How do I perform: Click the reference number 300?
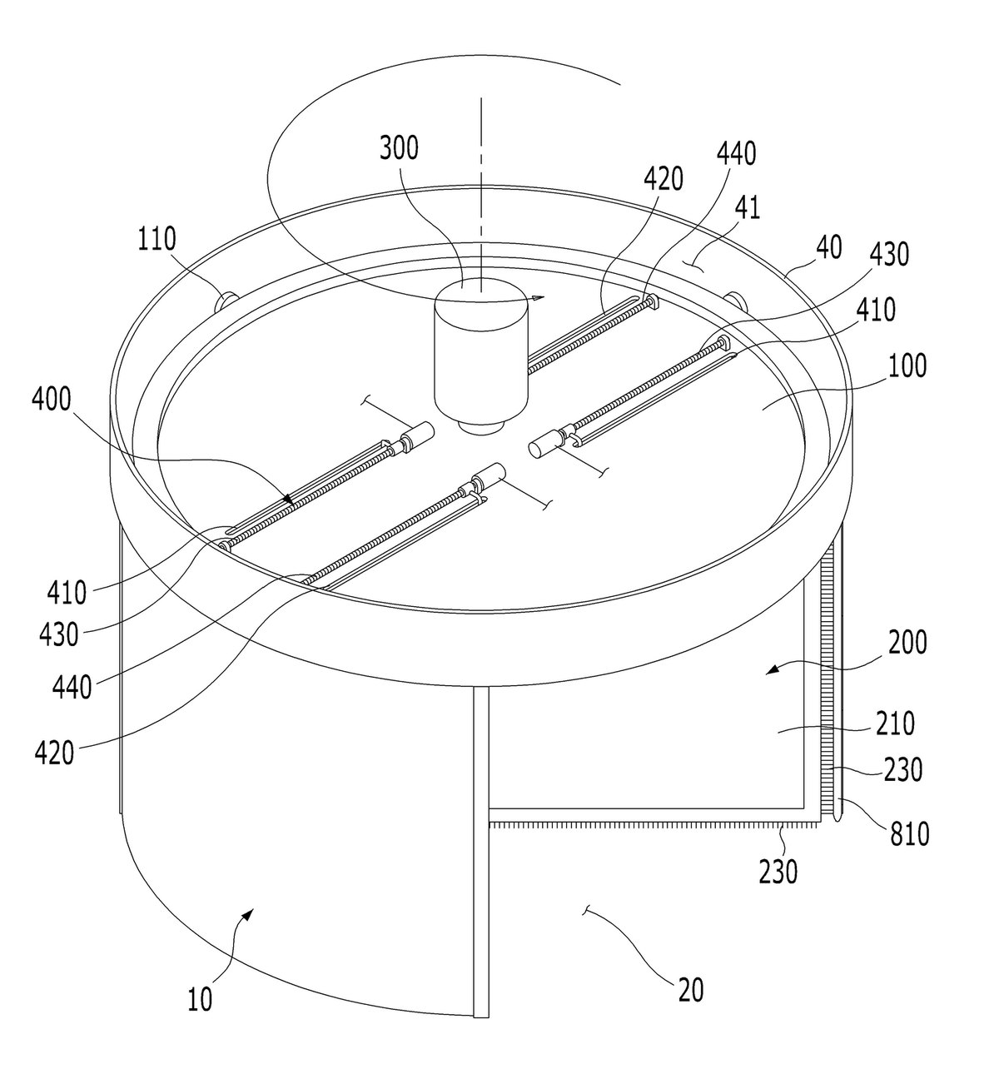point(399,147)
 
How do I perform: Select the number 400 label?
point(52,400)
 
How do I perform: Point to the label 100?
point(907,365)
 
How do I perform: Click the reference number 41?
point(747,207)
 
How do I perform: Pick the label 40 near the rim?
point(829,247)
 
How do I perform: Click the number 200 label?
point(907,642)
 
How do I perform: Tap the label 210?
point(895,723)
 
